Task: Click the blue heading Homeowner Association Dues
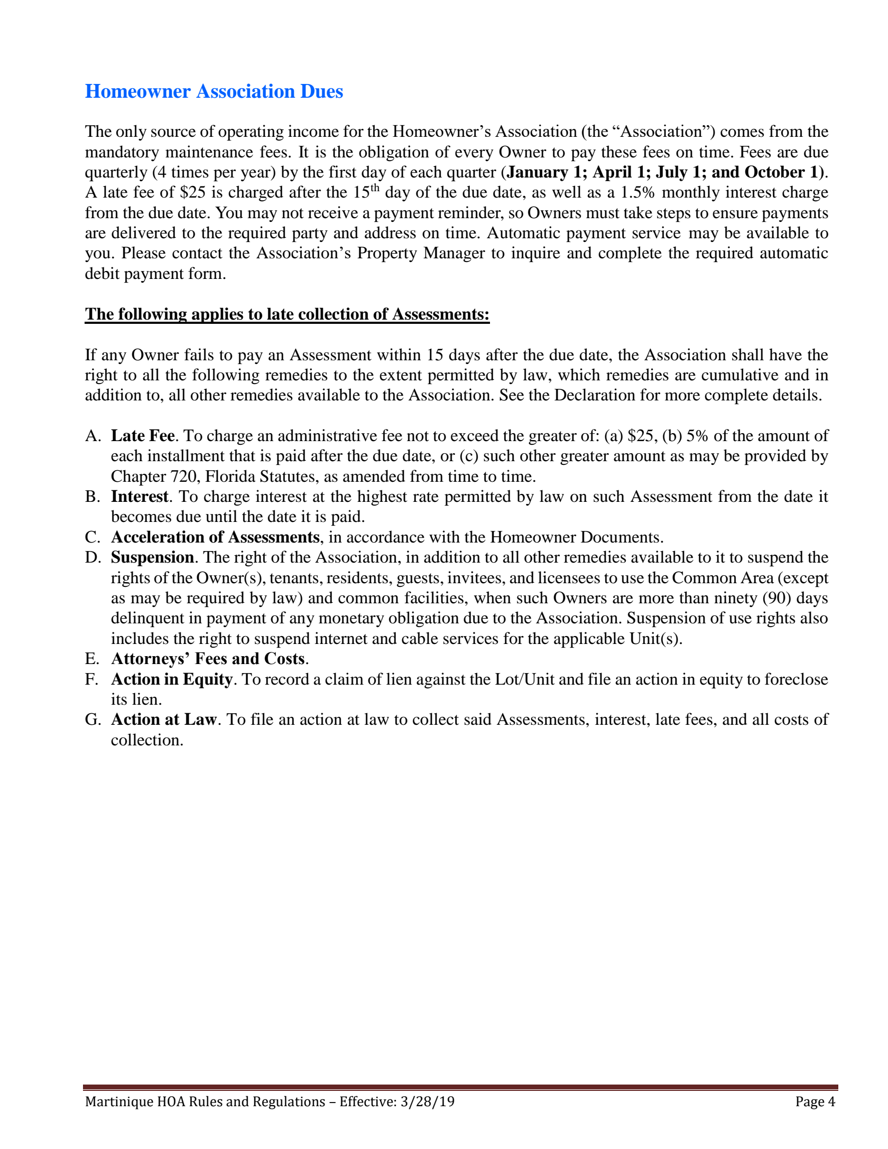coord(214,91)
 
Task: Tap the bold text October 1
coord(781,172)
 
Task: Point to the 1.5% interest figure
coord(637,192)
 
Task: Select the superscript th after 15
coord(375,188)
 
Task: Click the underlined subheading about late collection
coord(287,314)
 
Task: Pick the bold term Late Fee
coord(143,436)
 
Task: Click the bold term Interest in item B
coord(140,497)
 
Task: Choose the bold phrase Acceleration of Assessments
coord(215,537)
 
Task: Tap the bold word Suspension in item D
coord(152,557)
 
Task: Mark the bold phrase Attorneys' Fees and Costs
coord(208,659)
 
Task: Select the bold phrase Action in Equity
coord(172,679)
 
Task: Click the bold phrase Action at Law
coord(164,720)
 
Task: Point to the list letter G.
coord(92,720)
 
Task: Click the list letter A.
coord(92,436)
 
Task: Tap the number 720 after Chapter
coord(183,477)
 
